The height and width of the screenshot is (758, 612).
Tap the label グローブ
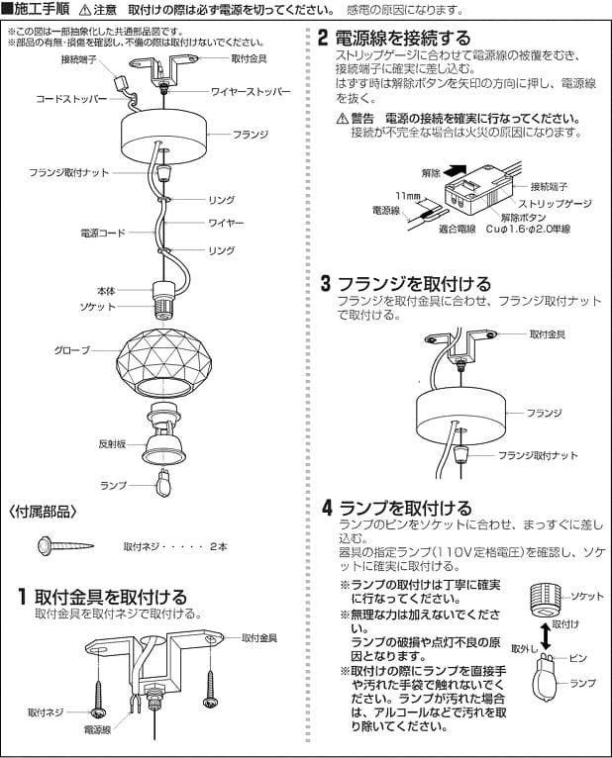pos(71,350)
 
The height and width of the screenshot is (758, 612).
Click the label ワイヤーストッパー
pos(252,91)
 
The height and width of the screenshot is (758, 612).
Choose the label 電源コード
pos(101,233)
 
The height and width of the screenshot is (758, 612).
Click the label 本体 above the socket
pos(105,291)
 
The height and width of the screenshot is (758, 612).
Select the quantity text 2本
pos(219,546)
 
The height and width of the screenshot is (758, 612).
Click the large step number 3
pos(325,284)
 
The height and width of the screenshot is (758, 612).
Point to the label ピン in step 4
pos(578,657)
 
